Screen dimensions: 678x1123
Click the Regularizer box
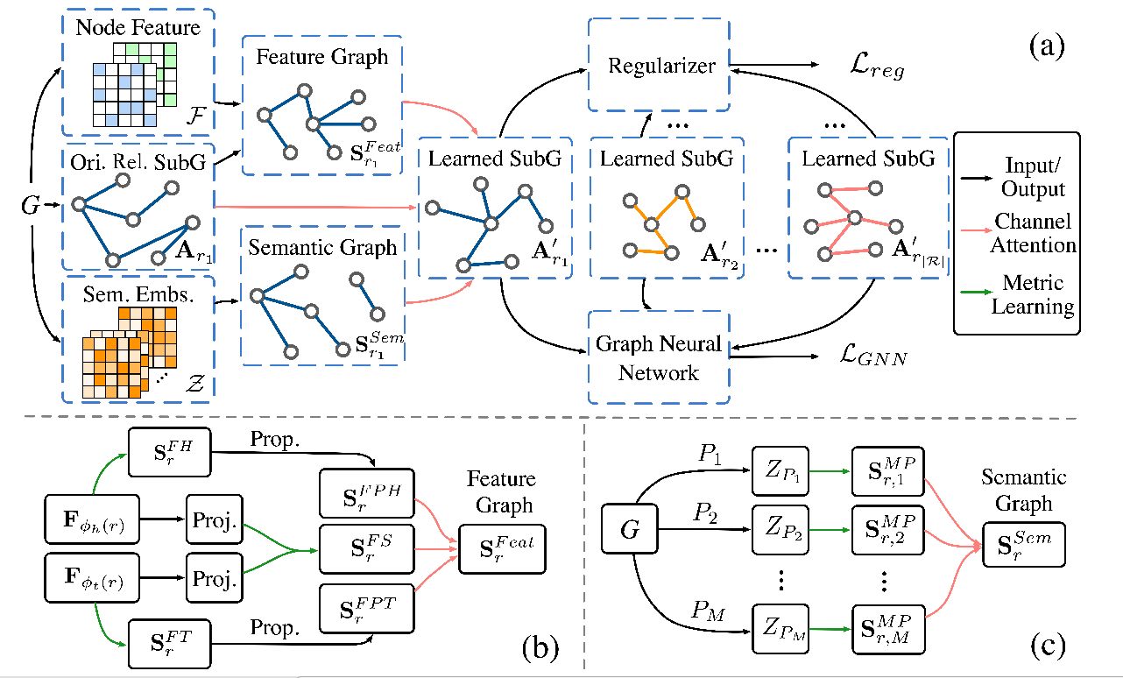pyautogui.click(x=658, y=66)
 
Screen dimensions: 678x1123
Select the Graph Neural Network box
pyautogui.click(x=659, y=357)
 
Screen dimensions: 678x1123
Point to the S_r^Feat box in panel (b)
pyautogui.click(x=501, y=549)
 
